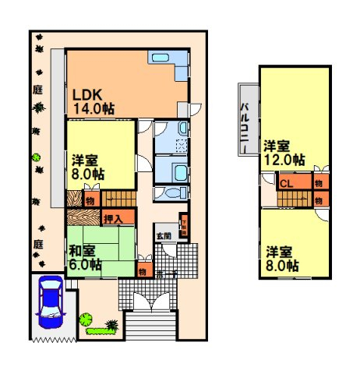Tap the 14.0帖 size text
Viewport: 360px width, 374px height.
coord(94,109)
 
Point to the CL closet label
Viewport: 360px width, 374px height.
coord(287,184)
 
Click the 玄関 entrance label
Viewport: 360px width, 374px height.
coord(164,235)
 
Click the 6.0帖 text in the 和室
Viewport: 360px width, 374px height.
coord(85,265)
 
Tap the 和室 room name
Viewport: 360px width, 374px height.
coord(82,251)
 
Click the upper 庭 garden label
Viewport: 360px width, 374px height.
coord(37,90)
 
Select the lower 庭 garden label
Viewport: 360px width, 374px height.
coord(37,244)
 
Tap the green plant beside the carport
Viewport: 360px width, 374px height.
coord(86,319)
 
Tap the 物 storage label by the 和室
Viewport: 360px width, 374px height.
coord(143,271)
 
